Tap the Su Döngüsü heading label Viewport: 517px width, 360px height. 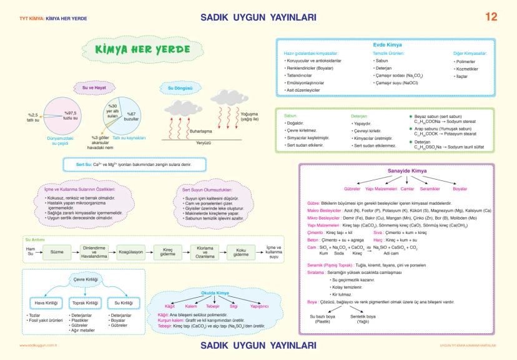tap(179, 88)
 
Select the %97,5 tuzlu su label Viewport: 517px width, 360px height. tap(71, 115)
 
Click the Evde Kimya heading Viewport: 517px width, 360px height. tap(386, 46)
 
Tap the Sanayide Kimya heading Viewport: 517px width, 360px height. tap(397, 171)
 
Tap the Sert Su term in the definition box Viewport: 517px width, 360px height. tap(84, 165)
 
